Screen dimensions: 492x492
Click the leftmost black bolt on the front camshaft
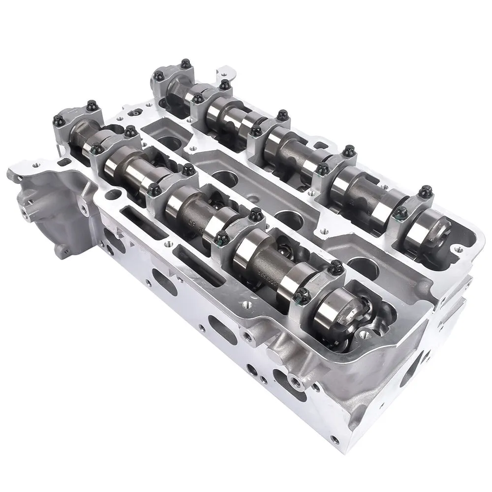click(x=59, y=120)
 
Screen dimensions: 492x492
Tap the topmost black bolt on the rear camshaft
click(x=185, y=63)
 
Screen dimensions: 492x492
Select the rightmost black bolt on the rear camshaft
click(x=425, y=191)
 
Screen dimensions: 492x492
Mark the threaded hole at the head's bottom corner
click(x=335, y=437)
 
